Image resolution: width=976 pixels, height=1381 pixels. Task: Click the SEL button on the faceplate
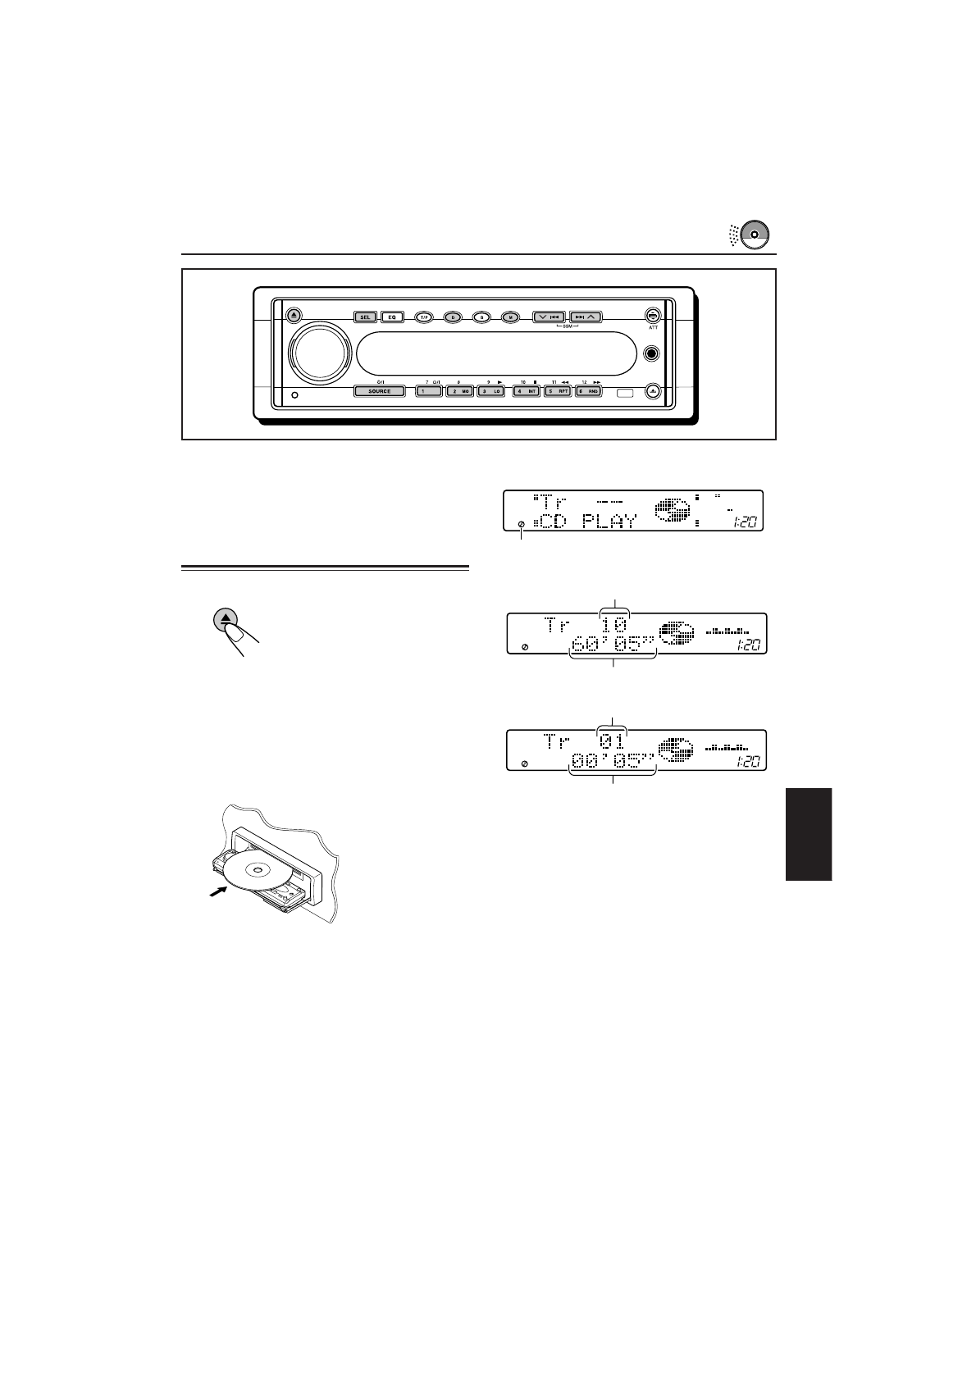point(366,317)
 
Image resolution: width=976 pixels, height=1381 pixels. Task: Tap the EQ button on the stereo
point(392,317)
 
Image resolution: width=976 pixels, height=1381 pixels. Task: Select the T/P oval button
point(423,317)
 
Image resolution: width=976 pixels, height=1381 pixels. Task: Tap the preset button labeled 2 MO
point(459,391)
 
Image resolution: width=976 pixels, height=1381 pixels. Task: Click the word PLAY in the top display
point(609,521)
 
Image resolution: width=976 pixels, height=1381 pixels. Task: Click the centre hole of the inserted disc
point(258,869)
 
